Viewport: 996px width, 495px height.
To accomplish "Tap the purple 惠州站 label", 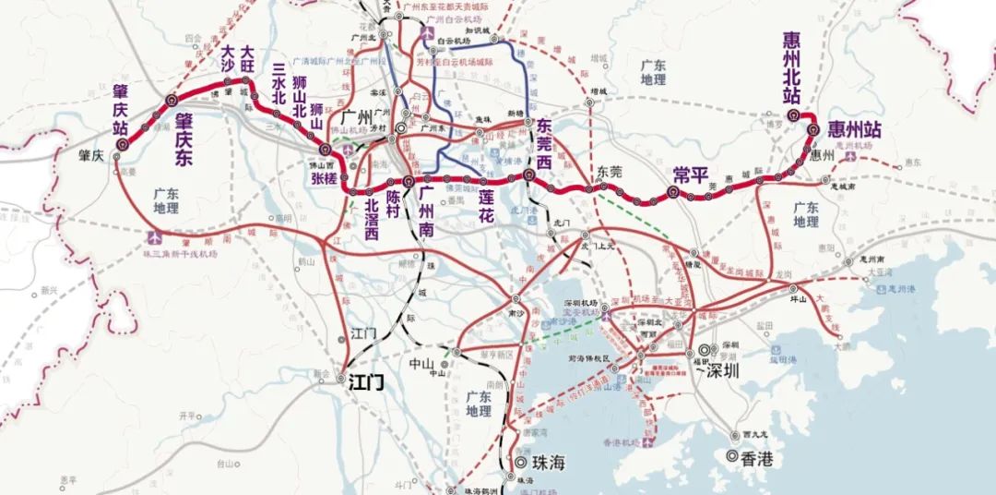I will coord(854,129).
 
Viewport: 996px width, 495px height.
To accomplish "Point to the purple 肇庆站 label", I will coord(120,109).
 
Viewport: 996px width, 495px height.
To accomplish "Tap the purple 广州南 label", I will coord(425,211).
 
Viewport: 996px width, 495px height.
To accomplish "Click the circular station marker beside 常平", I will coord(672,195).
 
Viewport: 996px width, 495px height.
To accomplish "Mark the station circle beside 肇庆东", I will coord(171,100).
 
